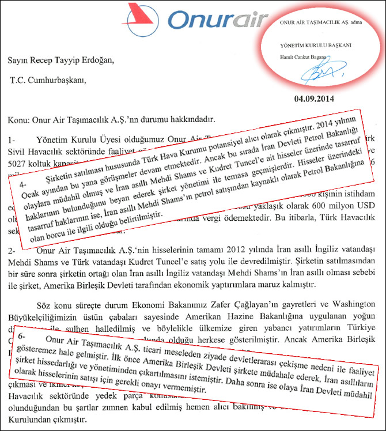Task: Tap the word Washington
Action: [x=349, y=304]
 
